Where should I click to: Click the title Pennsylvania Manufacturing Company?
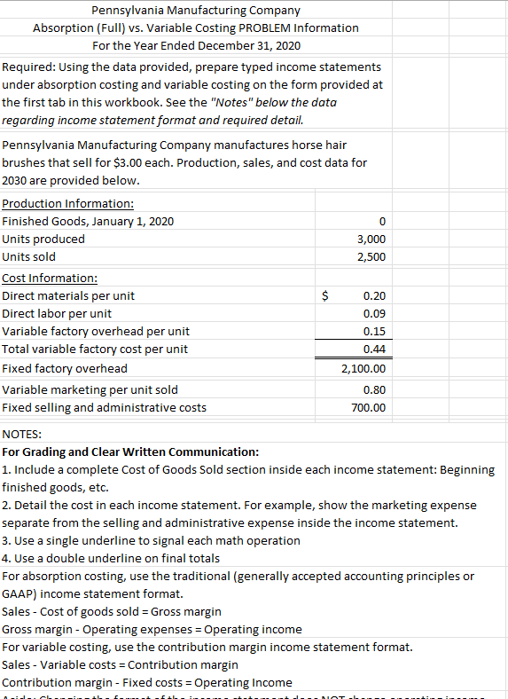pyautogui.click(x=196, y=11)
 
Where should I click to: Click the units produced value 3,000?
pyautogui.click(x=371, y=240)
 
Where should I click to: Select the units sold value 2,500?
pyautogui.click(x=371, y=257)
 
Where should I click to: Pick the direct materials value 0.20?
pyautogui.click(x=375, y=295)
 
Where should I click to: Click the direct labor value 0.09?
pyautogui.click(x=375, y=313)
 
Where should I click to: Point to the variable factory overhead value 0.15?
pyautogui.click(x=375, y=332)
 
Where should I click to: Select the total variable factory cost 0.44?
pyautogui.click(x=375, y=349)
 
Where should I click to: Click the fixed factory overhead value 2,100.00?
pyautogui.click(x=364, y=368)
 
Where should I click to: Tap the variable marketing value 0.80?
pyautogui.click(x=375, y=389)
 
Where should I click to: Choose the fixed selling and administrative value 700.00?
pyautogui.click(x=369, y=408)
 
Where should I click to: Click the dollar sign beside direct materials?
pyautogui.click(x=325, y=295)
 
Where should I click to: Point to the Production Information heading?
pyautogui.click(x=68, y=203)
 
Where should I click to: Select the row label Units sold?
pyautogui.click(x=29, y=257)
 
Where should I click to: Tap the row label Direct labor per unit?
pyautogui.click(x=58, y=313)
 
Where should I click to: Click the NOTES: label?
pyautogui.click(x=22, y=434)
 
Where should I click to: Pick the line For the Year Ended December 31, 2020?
pyautogui.click(x=196, y=45)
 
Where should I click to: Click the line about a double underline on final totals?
pyautogui.click(x=112, y=558)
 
